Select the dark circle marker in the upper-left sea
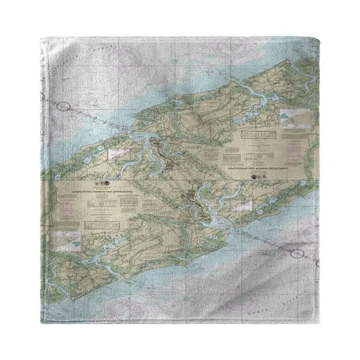[63, 105]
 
